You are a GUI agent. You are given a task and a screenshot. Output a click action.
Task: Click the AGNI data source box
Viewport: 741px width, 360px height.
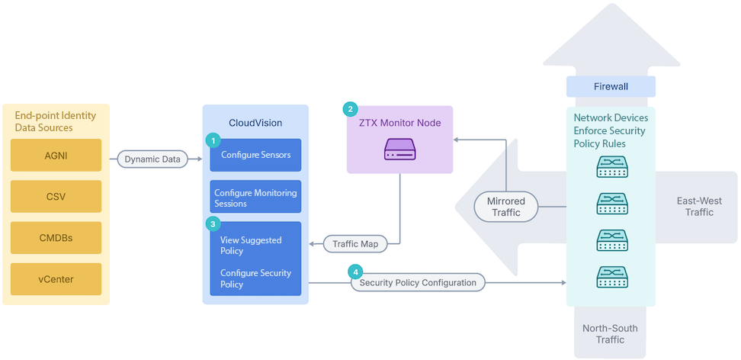pyautogui.click(x=56, y=155)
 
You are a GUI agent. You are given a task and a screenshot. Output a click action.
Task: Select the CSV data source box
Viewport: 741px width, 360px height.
pyautogui.click(x=56, y=196)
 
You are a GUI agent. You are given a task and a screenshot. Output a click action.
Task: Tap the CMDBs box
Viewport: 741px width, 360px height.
pyautogui.click(x=56, y=238)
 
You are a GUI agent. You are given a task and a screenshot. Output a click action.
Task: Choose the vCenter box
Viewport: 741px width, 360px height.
pyautogui.click(x=56, y=279)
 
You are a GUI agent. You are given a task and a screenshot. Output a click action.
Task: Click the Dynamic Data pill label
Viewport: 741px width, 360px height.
pyautogui.click(x=152, y=159)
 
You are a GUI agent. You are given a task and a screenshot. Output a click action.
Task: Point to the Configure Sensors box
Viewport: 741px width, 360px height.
pyautogui.click(x=255, y=155)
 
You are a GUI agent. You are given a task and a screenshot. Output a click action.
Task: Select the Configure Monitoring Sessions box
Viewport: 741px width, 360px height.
pyautogui.click(x=255, y=198)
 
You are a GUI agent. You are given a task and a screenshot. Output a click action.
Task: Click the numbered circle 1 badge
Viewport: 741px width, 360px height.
pyautogui.click(x=213, y=140)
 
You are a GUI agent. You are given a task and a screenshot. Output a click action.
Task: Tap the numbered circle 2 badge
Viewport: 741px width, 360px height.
pyautogui.click(x=350, y=109)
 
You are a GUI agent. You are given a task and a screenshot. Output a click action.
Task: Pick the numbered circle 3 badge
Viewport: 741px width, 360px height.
pyautogui.click(x=213, y=223)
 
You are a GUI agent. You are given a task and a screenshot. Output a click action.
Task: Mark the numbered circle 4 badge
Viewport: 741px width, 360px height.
pyautogui.click(x=354, y=272)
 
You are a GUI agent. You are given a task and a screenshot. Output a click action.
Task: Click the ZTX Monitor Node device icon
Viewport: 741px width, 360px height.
pyautogui.click(x=400, y=149)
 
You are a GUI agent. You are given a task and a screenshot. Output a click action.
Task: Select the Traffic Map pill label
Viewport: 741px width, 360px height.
pyautogui.click(x=355, y=244)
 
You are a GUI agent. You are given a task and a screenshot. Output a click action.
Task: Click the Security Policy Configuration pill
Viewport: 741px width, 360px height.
pyautogui.click(x=418, y=282)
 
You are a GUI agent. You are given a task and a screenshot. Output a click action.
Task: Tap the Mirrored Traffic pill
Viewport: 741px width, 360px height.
pyautogui.click(x=505, y=207)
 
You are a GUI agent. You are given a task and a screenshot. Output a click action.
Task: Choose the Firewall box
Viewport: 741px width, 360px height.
pyautogui.click(x=611, y=86)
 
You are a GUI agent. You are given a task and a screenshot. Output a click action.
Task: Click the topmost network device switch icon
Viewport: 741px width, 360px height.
pyautogui.click(x=611, y=167)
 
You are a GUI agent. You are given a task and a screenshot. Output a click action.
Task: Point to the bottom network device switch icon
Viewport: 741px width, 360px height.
pyautogui.click(x=611, y=277)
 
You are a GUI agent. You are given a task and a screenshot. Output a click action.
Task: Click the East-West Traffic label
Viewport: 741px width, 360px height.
pyautogui.click(x=699, y=207)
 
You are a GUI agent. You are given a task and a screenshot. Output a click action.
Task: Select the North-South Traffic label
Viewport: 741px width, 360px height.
pyautogui.click(x=610, y=334)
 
